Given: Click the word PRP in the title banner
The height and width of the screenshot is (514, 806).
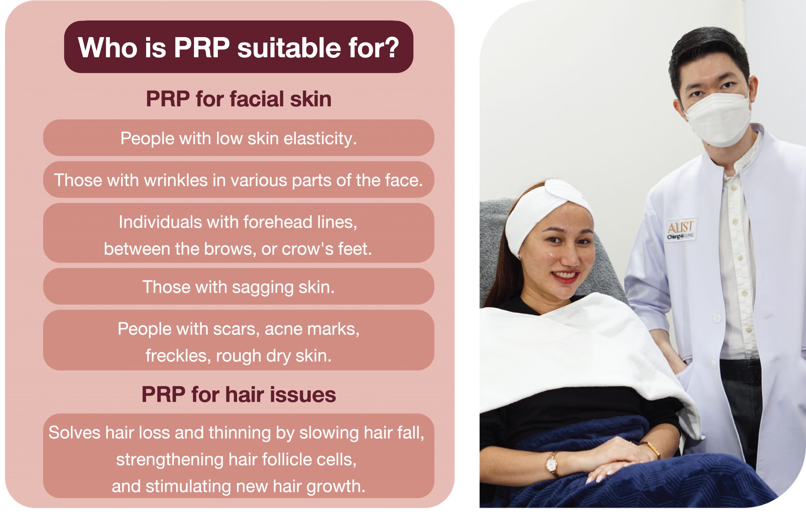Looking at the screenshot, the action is point(202,48).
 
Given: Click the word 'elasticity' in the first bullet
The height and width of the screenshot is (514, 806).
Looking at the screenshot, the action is point(320,139).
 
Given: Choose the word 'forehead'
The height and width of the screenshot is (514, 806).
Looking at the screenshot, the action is point(277,222).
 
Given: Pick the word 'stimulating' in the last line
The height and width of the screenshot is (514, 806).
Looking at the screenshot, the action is point(188,487).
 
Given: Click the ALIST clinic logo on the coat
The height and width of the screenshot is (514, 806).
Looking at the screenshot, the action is point(680,230).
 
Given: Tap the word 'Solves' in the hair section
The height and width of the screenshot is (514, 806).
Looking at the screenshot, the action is point(74,433).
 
